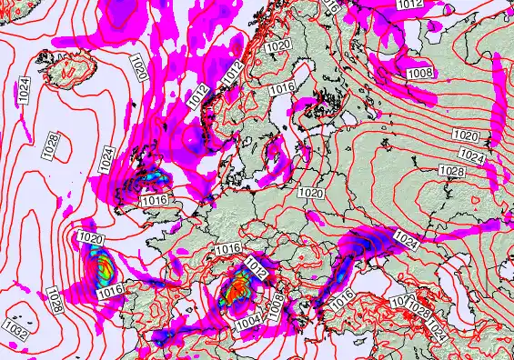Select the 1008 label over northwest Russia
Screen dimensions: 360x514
420,72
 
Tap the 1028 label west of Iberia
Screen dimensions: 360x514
54,296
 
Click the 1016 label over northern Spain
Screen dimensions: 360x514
111,291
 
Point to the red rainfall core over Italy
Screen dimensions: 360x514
240,288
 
